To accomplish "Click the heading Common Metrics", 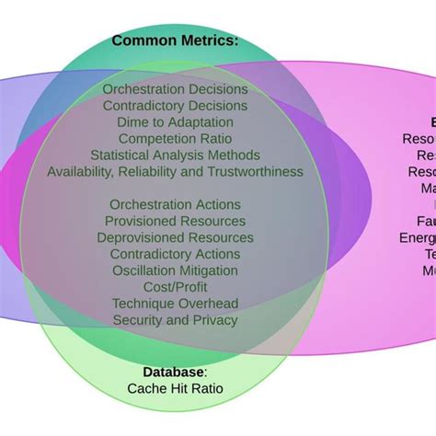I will [175, 40].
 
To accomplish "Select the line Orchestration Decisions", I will [175, 89].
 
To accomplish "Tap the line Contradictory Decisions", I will [175, 106].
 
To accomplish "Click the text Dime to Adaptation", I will [175, 122].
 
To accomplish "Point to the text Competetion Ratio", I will [175, 139].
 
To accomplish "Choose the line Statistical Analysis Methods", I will [175, 155].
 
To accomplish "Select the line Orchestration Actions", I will [175, 204].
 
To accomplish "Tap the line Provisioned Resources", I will [175, 221].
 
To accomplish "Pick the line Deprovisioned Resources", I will [175, 237].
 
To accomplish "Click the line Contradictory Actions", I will [175, 254].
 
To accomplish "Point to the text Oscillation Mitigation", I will [175, 270].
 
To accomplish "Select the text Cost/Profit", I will [175, 287].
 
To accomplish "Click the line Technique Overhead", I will [175, 304].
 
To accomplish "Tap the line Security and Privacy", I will [175, 320].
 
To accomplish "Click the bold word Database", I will [173, 372].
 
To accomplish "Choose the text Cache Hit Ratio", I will [175, 388].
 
